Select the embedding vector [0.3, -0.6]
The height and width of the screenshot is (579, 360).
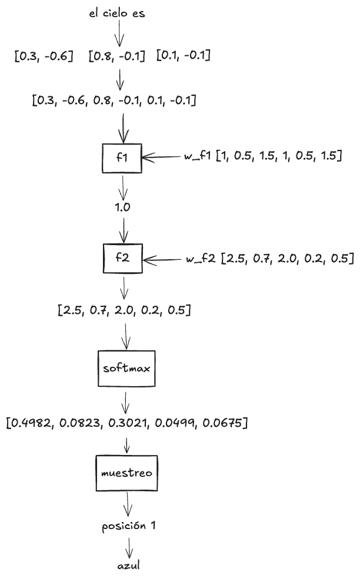[x=44, y=57]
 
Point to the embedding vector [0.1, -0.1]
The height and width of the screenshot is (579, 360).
[x=184, y=56]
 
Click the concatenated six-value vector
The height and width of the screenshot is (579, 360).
[x=114, y=101]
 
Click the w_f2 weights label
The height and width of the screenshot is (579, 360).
[x=268, y=259]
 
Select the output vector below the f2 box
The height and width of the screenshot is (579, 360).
[x=124, y=310]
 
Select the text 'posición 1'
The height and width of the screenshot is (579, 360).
[x=128, y=526]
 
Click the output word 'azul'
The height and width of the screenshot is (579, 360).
[x=128, y=567]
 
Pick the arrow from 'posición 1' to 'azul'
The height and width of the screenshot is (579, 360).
[x=128, y=546]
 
